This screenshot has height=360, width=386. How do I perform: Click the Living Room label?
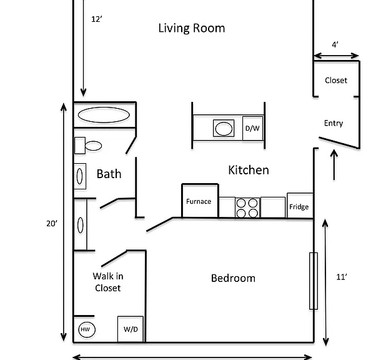pos(192,28)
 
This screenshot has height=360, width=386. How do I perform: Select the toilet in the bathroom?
pos(88,146)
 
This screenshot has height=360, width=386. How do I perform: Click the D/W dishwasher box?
pos(252,128)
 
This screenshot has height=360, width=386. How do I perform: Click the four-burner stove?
pos(247,207)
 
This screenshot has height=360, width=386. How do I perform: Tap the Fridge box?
pos(300,206)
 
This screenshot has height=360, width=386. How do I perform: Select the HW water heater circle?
pos(87,329)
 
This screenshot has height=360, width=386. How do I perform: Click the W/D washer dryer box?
pos(131,329)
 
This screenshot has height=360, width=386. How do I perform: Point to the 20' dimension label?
pos(52,224)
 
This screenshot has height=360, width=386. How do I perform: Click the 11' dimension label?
pos(342,277)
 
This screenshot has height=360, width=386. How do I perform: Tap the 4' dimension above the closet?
pos(335,44)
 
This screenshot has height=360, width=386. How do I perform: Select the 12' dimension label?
pos(97,19)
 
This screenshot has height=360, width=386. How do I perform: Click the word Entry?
pos(334,123)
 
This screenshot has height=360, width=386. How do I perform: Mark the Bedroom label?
pos(233,278)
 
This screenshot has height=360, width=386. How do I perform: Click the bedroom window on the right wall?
pos(314,281)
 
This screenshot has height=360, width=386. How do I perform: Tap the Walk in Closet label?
pos(108,282)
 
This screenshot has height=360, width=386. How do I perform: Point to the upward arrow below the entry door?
pos(334,164)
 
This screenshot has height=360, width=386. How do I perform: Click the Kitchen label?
pos(249,170)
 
